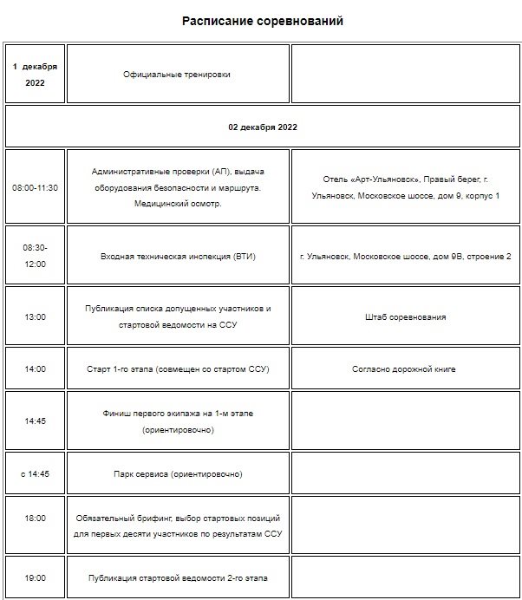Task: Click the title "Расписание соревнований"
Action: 262,21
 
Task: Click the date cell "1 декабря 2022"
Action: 35,75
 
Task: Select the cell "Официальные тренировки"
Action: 178,75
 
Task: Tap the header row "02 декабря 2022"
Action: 263,127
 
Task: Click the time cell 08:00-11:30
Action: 35,187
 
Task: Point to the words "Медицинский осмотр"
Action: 178,204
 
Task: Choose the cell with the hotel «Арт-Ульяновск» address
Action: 405,187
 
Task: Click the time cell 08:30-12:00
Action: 35,256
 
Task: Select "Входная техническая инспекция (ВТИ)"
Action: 178,257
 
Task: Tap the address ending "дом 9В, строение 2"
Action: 405,257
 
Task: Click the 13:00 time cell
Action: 35,317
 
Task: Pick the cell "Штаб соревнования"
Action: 405,317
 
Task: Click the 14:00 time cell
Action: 35,369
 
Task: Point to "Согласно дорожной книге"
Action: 405,369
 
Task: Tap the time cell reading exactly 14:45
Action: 35,421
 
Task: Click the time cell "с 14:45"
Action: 35,474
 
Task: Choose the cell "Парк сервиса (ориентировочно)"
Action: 178,474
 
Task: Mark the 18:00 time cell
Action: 35,518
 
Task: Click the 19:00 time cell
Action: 35,577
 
